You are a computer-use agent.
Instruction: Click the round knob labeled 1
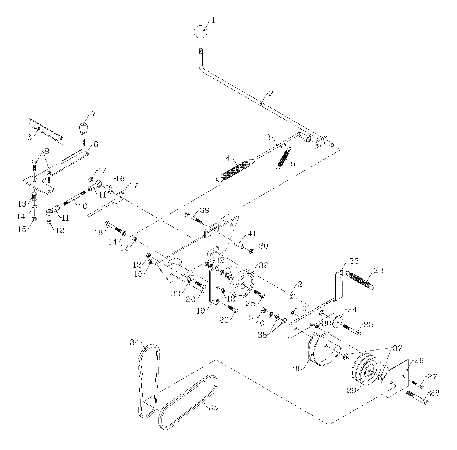200,32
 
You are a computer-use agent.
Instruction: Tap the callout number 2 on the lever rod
271,94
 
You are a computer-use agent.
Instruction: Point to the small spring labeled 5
284,158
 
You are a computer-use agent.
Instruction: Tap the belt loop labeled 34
149,381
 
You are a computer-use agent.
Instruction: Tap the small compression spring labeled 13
35,196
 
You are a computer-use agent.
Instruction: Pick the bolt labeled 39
194,218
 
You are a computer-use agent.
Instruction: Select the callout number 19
201,311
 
